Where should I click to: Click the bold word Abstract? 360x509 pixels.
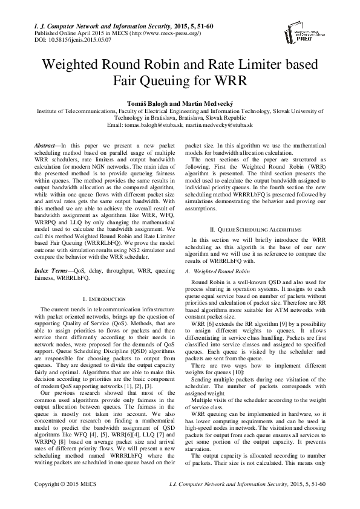coord(47,146)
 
